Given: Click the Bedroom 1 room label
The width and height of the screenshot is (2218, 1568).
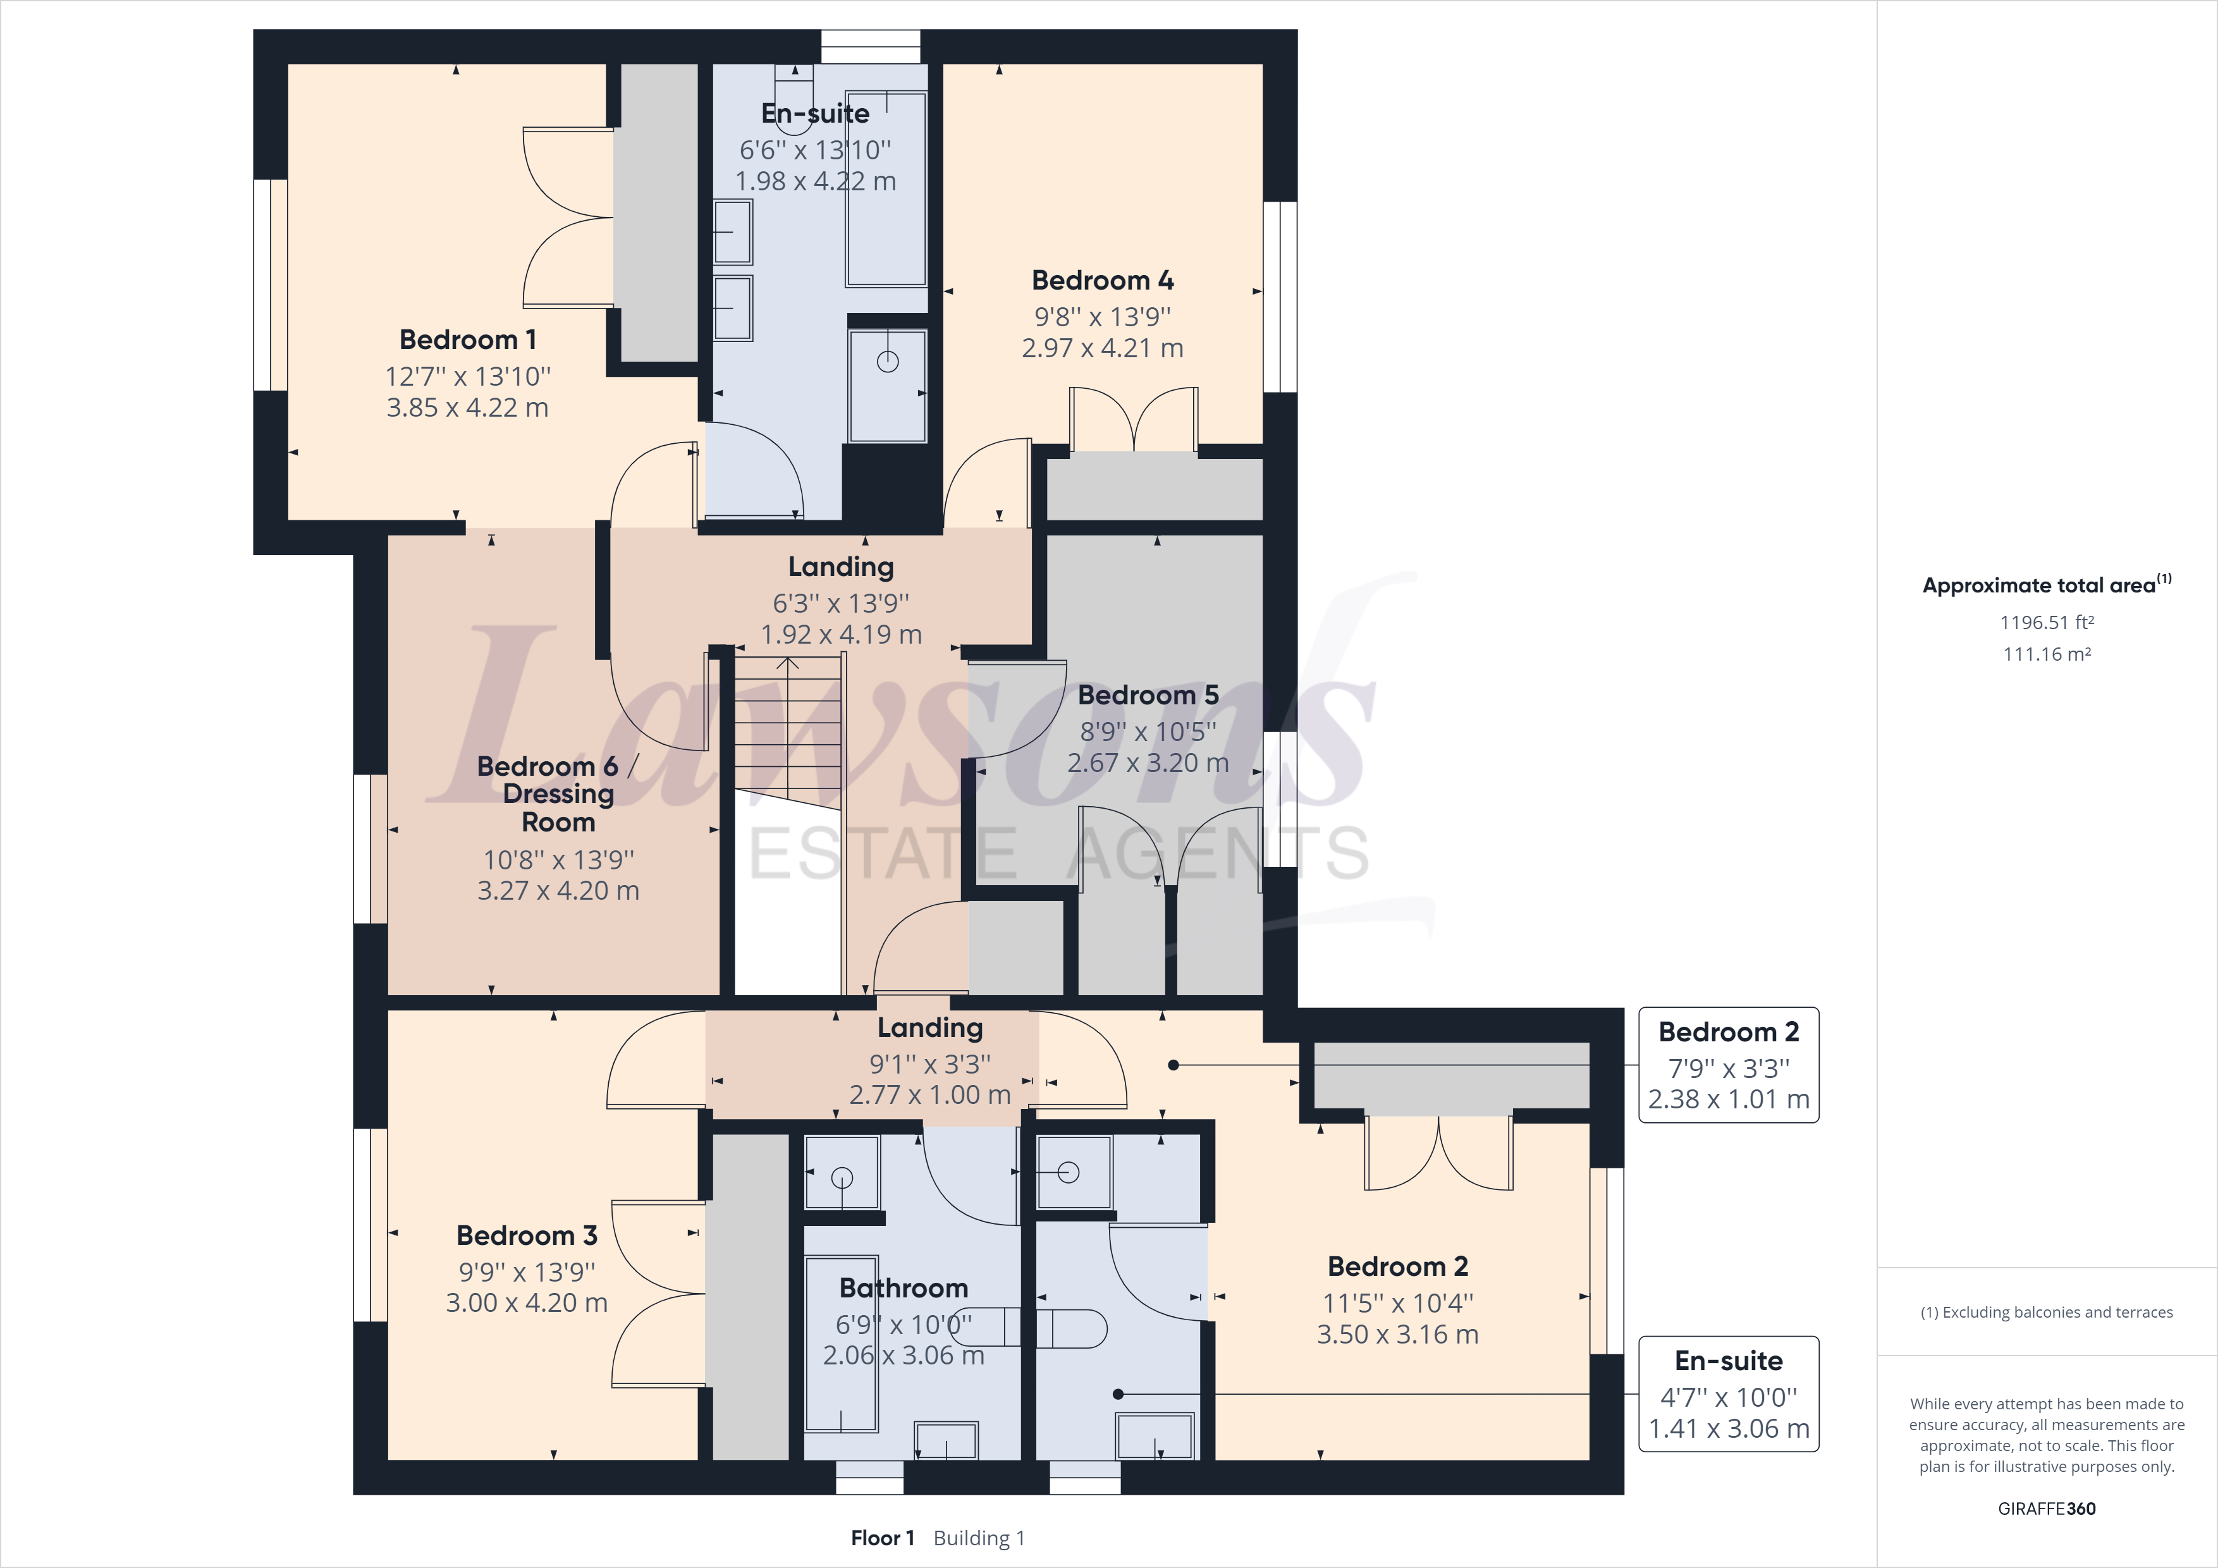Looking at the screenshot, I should tap(467, 340).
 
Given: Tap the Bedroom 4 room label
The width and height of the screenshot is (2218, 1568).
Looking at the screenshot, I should tap(1102, 280).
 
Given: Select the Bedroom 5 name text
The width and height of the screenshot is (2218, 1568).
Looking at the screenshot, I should tap(1148, 695).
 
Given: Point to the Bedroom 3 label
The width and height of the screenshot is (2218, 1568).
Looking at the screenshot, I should tap(527, 1235).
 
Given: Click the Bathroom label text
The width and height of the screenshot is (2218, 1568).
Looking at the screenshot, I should tap(904, 1288).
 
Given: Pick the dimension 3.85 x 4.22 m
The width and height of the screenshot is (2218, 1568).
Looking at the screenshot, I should tap(467, 408).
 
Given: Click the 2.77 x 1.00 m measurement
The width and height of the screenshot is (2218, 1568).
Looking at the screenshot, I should tap(929, 1094).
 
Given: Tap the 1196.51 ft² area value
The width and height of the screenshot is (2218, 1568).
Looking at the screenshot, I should tap(2046, 622).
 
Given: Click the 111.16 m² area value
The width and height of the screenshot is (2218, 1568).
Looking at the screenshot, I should tap(2046, 654).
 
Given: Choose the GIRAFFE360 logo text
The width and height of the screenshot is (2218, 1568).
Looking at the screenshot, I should tap(2046, 1508).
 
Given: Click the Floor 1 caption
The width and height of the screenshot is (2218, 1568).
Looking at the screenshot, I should tap(882, 1538).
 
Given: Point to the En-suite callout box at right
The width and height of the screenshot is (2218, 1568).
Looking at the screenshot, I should tap(1728, 1394).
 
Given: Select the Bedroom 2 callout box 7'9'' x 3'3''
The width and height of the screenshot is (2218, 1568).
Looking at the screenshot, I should tap(1728, 1065).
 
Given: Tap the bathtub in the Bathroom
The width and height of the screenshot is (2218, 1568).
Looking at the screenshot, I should tap(842, 1343).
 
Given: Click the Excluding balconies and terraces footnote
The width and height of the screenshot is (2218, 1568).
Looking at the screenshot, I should tap(2046, 1312).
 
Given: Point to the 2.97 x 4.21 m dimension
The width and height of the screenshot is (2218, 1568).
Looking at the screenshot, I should tap(1102, 348).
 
